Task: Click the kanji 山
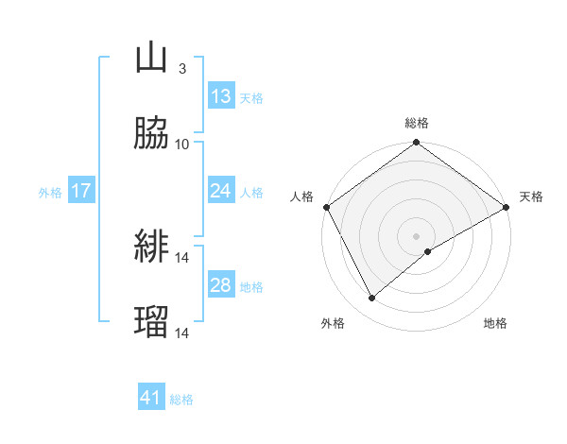click(151, 59)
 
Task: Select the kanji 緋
click(151, 248)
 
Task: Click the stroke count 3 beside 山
click(181, 69)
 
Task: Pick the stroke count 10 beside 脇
click(182, 144)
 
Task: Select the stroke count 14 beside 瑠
click(182, 333)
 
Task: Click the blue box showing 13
click(221, 96)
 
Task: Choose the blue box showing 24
click(221, 192)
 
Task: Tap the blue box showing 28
click(221, 285)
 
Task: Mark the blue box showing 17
click(80, 192)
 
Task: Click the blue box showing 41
click(151, 398)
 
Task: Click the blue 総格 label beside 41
click(181, 400)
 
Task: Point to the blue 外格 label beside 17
click(50, 193)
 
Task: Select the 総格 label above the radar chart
click(417, 123)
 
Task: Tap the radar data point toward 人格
click(326, 208)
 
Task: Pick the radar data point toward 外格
click(372, 299)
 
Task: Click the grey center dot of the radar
click(417, 235)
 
